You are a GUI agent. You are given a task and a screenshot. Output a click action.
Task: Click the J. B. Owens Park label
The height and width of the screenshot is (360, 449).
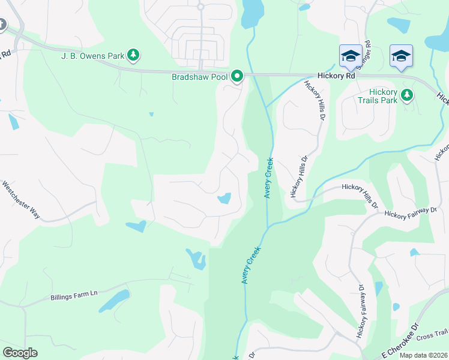[x=92, y=56]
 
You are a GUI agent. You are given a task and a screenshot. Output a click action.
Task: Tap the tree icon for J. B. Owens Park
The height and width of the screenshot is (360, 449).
[x=133, y=56]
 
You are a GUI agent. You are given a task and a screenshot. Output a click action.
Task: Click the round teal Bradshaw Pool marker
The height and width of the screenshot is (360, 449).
[x=238, y=76]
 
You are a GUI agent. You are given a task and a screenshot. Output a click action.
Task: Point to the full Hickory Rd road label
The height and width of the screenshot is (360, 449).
[x=337, y=76]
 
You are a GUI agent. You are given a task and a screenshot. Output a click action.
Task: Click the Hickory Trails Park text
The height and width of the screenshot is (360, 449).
[x=375, y=96]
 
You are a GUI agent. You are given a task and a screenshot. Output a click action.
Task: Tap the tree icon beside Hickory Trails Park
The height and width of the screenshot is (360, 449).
[x=407, y=95]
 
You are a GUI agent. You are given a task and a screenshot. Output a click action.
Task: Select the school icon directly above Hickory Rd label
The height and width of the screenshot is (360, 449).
[x=351, y=56]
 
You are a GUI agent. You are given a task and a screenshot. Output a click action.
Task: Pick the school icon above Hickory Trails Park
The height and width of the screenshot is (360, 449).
[x=401, y=56]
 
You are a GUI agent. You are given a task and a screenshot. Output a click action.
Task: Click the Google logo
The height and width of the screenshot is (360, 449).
[x=20, y=352]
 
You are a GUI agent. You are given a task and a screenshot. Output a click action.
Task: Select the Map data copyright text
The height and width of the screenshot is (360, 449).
[x=423, y=355]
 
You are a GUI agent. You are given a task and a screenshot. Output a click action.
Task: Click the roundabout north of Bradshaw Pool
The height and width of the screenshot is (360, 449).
[x=200, y=7]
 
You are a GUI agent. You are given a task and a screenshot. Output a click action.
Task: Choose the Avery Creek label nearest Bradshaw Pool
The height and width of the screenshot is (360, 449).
[x=268, y=178]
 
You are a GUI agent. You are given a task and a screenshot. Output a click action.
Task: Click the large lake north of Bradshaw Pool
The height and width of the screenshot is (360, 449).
[x=252, y=13]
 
